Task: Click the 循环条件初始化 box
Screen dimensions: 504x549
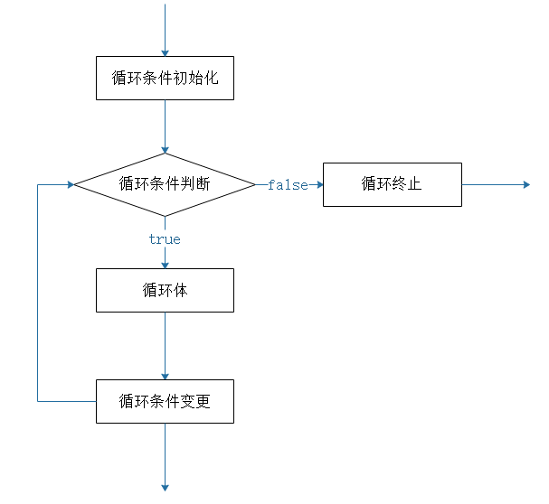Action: pyautogui.click(x=165, y=78)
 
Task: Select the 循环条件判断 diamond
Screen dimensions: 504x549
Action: pyautogui.click(x=165, y=184)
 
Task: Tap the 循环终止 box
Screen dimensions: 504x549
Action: pyautogui.click(x=392, y=184)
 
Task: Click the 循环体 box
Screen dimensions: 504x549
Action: pyautogui.click(x=165, y=290)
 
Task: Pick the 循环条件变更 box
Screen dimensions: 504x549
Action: pyautogui.click(x=165, y=401)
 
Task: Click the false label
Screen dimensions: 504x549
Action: pyautogui.click(x=288, y=185)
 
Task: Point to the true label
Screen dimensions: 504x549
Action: pyautogui.click(x=165, y=239)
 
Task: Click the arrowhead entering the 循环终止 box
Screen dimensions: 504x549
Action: pyautogui.click(x=318, y=184)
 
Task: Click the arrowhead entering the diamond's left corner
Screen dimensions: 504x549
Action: pyautogui.click(x=69, y=184)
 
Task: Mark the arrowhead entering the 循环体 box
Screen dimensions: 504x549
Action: pyautogui.click(x=165, y=264)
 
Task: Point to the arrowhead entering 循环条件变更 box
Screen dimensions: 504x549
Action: pyautogui.click(x=165, y=375)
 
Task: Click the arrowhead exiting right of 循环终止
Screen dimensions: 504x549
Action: pyautogui.click(x=525, y=184)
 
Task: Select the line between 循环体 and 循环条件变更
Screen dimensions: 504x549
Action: pyautogui.click(x=165, y=343)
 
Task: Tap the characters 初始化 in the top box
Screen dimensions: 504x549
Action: pyautogui.click(x=194, y=78)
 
